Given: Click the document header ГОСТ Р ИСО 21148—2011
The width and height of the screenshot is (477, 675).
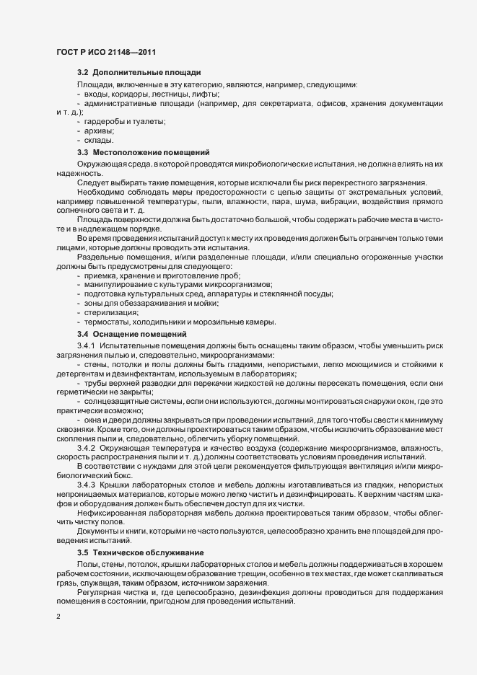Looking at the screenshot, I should point(106,53).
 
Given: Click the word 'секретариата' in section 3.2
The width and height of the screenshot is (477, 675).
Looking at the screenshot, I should point(280,104).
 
